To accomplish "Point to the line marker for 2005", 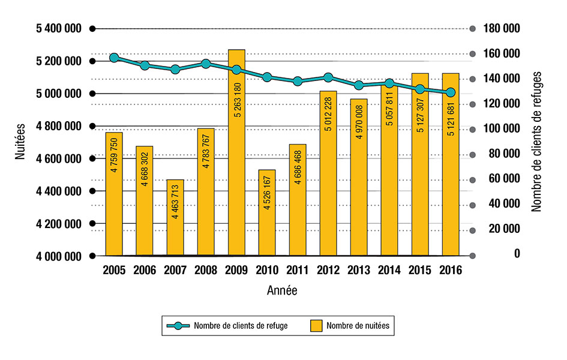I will [x=114, y=58].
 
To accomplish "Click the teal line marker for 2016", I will [x=451, y=92].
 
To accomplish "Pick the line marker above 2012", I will [x=328, y=77].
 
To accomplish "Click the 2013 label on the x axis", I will [x=359, y=271].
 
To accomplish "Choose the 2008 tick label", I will [x=206, y=271].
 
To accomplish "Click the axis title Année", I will [x=281, y=291].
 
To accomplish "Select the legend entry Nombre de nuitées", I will [x=352, y=326].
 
